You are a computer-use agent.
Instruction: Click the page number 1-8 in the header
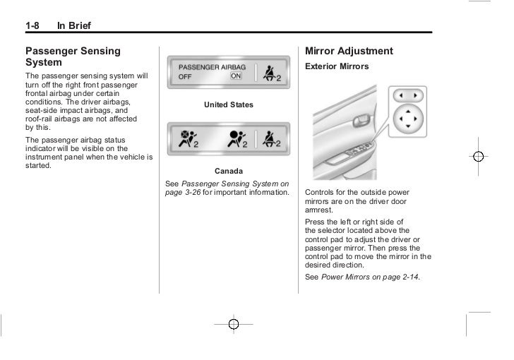pyautogui.click(x=34, y=27)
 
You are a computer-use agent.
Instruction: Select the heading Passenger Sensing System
pyautogui.click(x=73, y=56)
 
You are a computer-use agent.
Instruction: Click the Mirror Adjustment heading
pyautogui.click(x=349, y=52)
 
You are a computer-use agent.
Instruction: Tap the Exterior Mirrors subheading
pyautogui.click(x=336, y=66)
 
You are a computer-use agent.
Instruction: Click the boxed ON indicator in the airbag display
pyautogui.click(x=236, y=76)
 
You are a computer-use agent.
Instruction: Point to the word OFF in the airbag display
pyautogui.click(x=185, y=76)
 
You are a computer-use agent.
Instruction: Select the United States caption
pyautogui.click(x=228, y=105)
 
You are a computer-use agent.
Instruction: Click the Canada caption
pyautogui.click(x=228, y=171)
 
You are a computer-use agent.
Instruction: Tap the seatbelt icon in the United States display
pyautogui.click(x=272, y=72)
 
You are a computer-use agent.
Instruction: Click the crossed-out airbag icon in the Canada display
pyautogui.click(x=188, y=138)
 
